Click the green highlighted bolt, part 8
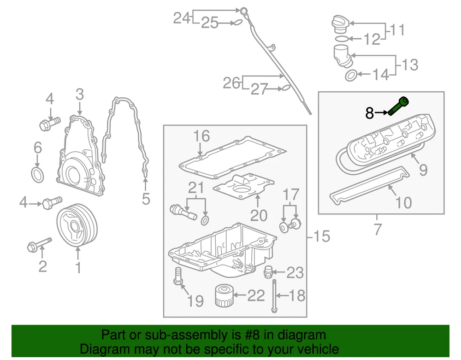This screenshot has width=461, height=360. point(399,106)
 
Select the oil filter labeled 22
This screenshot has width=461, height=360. point(225,296)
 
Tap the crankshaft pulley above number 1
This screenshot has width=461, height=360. point(77,226)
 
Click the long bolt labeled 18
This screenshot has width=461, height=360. point(275,295)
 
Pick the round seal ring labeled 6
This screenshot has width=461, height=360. point(38,175)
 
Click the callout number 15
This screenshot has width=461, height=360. point(321,236)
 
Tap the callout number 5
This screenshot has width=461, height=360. point(146,199)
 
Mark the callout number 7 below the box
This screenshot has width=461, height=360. point(378,229)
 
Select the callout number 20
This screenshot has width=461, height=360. point(258,215)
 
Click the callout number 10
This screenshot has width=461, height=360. point(403,202)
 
